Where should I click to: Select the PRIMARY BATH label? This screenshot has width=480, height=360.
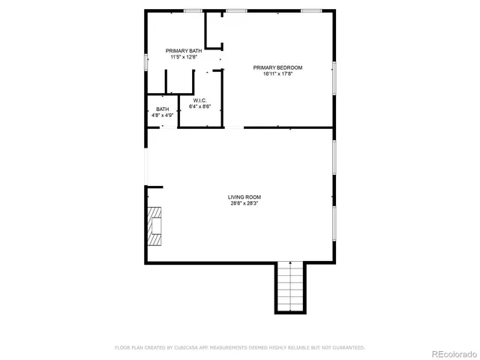pyautogui.click(x=184, y=51)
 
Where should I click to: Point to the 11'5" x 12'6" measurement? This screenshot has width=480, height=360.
pyautogui.click(x=184, y=57)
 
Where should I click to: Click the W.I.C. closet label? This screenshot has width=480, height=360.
pyautogui.click(x=199, y=100)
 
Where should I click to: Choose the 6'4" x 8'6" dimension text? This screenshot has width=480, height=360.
pyautogui.click(x=199, y=106)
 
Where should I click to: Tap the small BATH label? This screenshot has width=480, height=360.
pyautogui.click(x=163, y=109)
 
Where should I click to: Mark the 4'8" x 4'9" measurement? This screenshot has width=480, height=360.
pyautogui.click(x=163, y=115)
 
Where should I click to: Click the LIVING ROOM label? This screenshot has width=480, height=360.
pyautogui.click(x=244, y=197)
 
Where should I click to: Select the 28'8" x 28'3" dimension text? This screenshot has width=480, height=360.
pyautogui.click(x=244, y=203)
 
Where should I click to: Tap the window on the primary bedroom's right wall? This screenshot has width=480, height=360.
pyautogui.click(x=334, y=77)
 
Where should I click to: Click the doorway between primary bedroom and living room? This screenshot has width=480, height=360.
pyautogui.click(x=234, y=127)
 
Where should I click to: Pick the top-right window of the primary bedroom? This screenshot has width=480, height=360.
pyautogui.click(x=311, y=11)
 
